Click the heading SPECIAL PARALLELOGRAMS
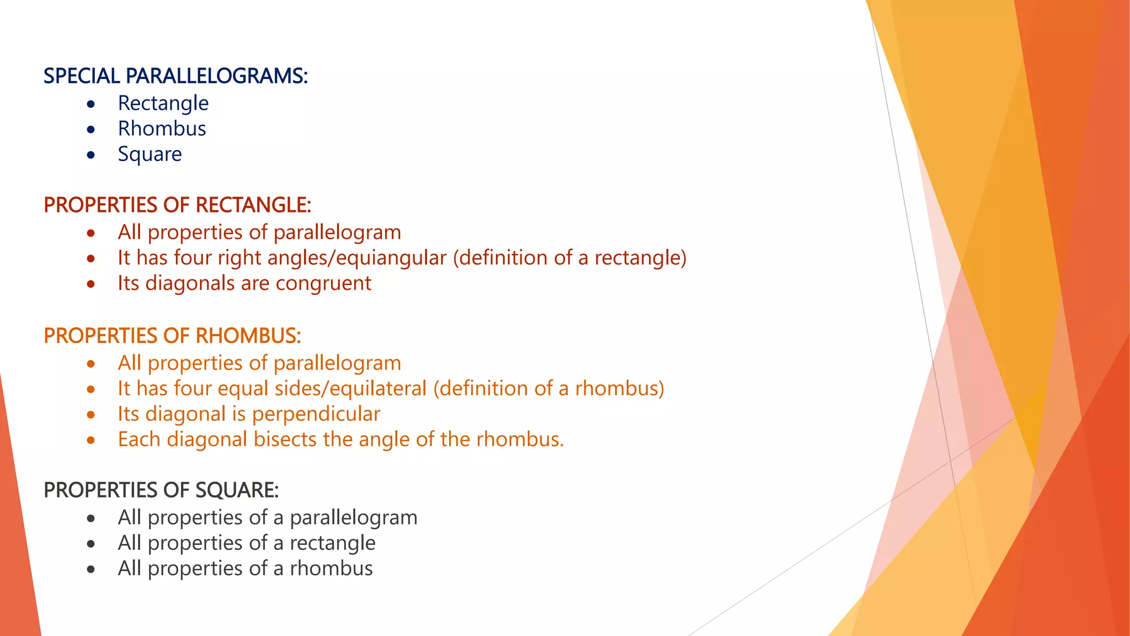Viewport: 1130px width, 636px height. click(175, 76)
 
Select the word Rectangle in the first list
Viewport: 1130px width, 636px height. click(163, 103)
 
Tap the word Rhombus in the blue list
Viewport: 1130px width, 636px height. click(162, 129)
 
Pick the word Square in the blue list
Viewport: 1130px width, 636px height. click(150, 154)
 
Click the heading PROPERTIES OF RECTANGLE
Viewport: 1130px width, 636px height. click(177, 205)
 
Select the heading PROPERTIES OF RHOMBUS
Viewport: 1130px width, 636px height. click(172, 336)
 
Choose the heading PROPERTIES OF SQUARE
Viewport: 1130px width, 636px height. click(161, 490)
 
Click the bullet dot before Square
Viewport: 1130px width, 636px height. click(91, 155)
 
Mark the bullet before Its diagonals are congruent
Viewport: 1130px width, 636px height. click(91, 284)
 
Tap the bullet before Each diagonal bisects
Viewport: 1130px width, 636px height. click(91, 441)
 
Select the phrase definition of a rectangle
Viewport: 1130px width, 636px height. click(569, 258)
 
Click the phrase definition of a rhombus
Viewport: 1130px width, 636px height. click(548, 389)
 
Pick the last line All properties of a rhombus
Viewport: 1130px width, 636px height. click(245, 569)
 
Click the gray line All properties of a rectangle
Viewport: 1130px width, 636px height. click(247, 543)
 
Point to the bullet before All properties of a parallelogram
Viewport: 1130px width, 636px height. click(91, 518)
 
